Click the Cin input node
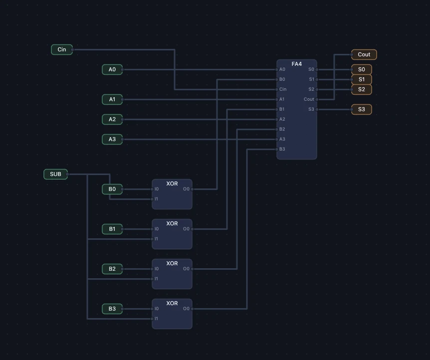click(62, 50)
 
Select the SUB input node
click(55, 174)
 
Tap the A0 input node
click(112, 70)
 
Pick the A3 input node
click(112, 139)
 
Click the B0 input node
click(112, 189)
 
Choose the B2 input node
click(112, 269)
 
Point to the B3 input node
click(112, 309)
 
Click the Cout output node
click(364, 54)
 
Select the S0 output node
click(362, 70)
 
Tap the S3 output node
click(362, 109)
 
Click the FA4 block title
click(297, 64)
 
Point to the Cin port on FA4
click(277, 89)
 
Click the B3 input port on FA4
click(277, 149)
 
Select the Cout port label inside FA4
click(309, 99)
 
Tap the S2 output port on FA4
click(317, 89)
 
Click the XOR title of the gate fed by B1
click(172, 223)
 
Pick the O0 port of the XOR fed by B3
click(192, 309)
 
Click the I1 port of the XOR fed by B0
click(152, 199)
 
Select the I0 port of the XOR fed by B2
click(152, 269)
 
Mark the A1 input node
click(112, 100)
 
